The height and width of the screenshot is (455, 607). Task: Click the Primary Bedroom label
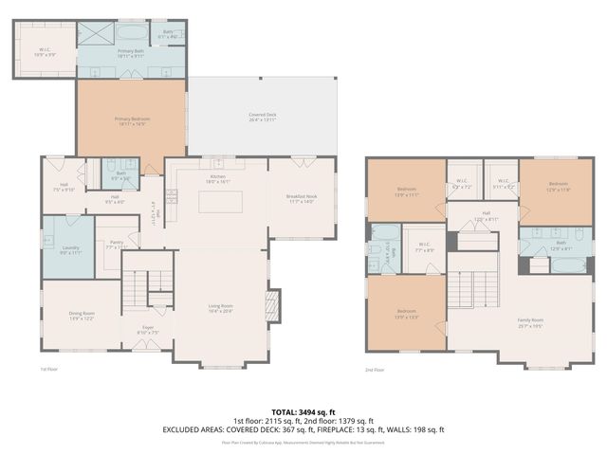[132, 120]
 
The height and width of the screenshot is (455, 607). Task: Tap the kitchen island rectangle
[220, 201]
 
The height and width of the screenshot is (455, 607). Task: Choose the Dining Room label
[81, 315]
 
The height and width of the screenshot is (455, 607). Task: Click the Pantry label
[117, 245]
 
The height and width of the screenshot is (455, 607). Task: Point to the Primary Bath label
[131, 54]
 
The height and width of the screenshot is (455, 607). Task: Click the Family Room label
[530, 322]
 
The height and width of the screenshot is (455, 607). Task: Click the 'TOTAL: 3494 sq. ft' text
[303, 411]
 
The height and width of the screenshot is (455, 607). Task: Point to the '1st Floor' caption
[48, 370]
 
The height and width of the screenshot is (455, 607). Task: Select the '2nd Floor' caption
[375, 372]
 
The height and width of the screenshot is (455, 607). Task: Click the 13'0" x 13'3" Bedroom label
[406, 313]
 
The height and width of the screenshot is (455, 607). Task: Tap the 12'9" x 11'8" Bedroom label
[557, 186]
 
